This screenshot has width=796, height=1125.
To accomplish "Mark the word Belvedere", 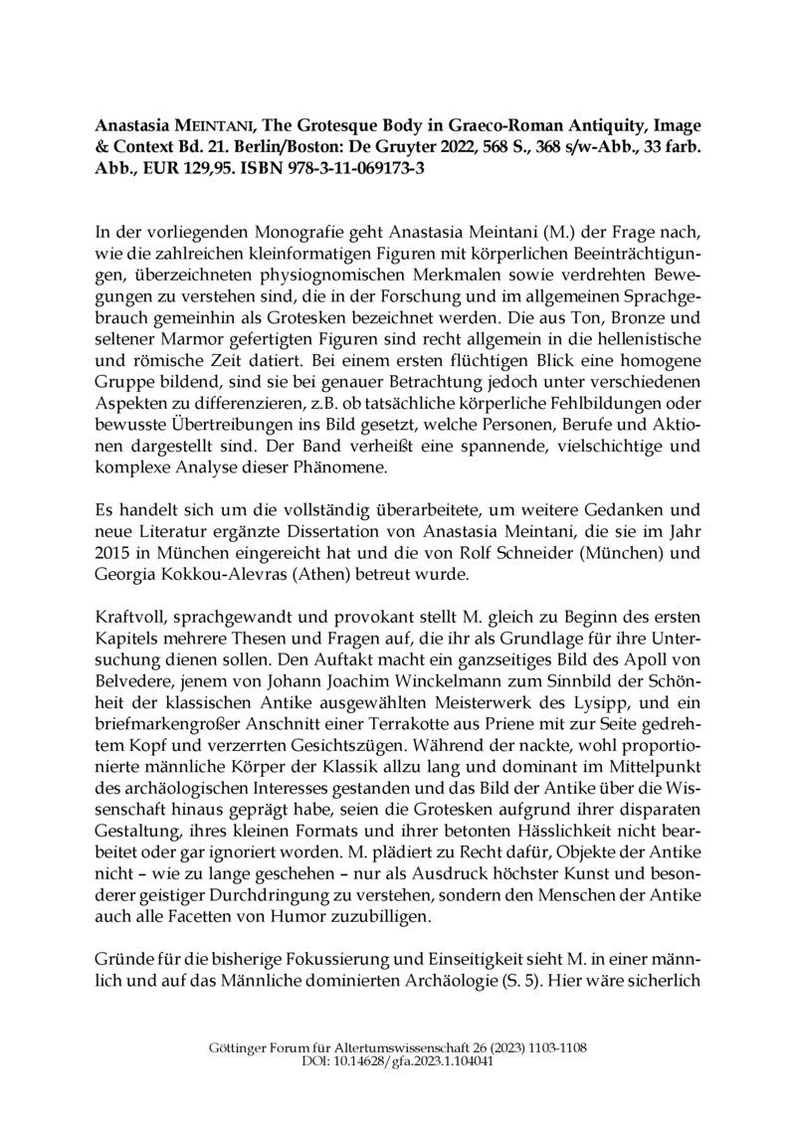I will (x=133, y=647).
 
